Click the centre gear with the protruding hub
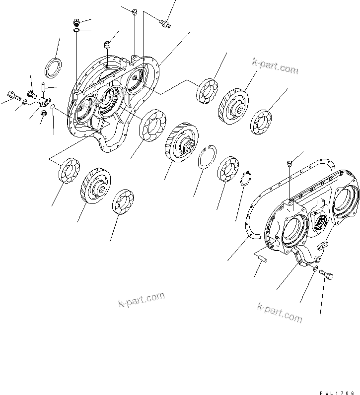tap(182, 142)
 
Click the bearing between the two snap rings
tap(228, 169)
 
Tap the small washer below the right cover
tap(315, 268)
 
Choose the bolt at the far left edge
tap(11, 94)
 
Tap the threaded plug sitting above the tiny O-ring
tap(76, 22)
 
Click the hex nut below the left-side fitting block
tap(42, 113)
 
